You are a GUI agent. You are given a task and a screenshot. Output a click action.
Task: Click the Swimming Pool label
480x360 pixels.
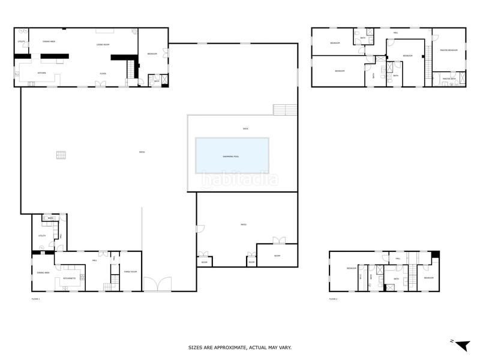232,156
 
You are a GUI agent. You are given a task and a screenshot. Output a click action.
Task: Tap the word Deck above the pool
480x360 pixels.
245,128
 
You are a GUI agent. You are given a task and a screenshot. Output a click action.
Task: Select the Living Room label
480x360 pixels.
103,45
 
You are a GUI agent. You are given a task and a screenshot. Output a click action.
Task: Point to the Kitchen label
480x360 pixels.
42,73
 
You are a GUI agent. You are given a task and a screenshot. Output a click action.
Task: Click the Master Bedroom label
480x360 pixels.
448,50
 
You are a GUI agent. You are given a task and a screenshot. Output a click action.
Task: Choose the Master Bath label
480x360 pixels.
449,79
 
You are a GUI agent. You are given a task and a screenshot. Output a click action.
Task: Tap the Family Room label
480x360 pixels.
130,272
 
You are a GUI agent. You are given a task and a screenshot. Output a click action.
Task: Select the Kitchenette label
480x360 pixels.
69,278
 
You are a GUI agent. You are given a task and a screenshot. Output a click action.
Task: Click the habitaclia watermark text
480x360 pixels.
240,178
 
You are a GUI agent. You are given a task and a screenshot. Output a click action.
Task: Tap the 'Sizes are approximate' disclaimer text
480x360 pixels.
240,347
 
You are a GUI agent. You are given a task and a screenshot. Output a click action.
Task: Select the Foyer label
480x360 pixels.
103,73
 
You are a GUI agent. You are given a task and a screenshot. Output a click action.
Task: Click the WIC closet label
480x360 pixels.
51,218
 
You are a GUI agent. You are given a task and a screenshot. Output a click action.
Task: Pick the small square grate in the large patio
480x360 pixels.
60,155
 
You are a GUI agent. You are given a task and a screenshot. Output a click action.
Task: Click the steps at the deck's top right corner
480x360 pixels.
285,110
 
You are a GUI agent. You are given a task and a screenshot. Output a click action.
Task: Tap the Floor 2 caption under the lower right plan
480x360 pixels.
333,298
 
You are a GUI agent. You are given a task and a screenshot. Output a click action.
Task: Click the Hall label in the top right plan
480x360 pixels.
395,32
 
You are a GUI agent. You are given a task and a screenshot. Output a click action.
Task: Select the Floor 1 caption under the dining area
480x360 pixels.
35,298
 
